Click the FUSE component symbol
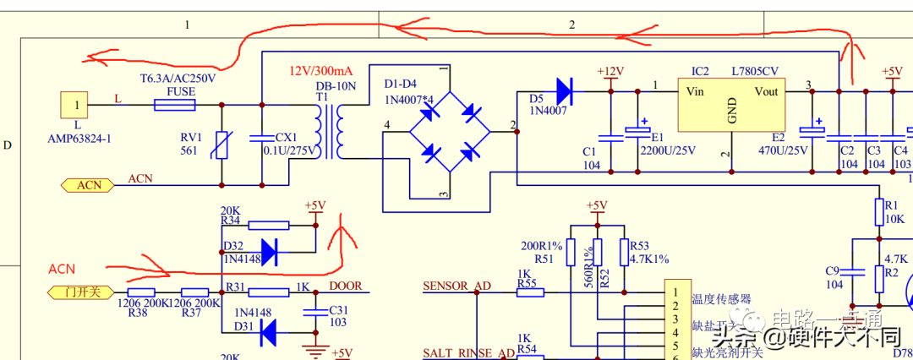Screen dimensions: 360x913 (x=175, y=105)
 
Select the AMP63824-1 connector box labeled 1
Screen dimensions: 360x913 (x=77, y=106)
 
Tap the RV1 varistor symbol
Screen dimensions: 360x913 (x=221, y=145)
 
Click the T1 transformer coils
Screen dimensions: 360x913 (x=330, y=131)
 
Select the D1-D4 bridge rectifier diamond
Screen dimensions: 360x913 (x=449, y=131)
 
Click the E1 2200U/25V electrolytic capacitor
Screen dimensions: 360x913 (x=637, y=133)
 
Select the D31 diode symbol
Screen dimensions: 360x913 (x=269, y=335)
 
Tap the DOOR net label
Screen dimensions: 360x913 (x=346, y=286)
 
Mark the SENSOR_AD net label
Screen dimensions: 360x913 (x=456, y=286)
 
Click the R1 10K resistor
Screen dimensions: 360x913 (x=879, y=210)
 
